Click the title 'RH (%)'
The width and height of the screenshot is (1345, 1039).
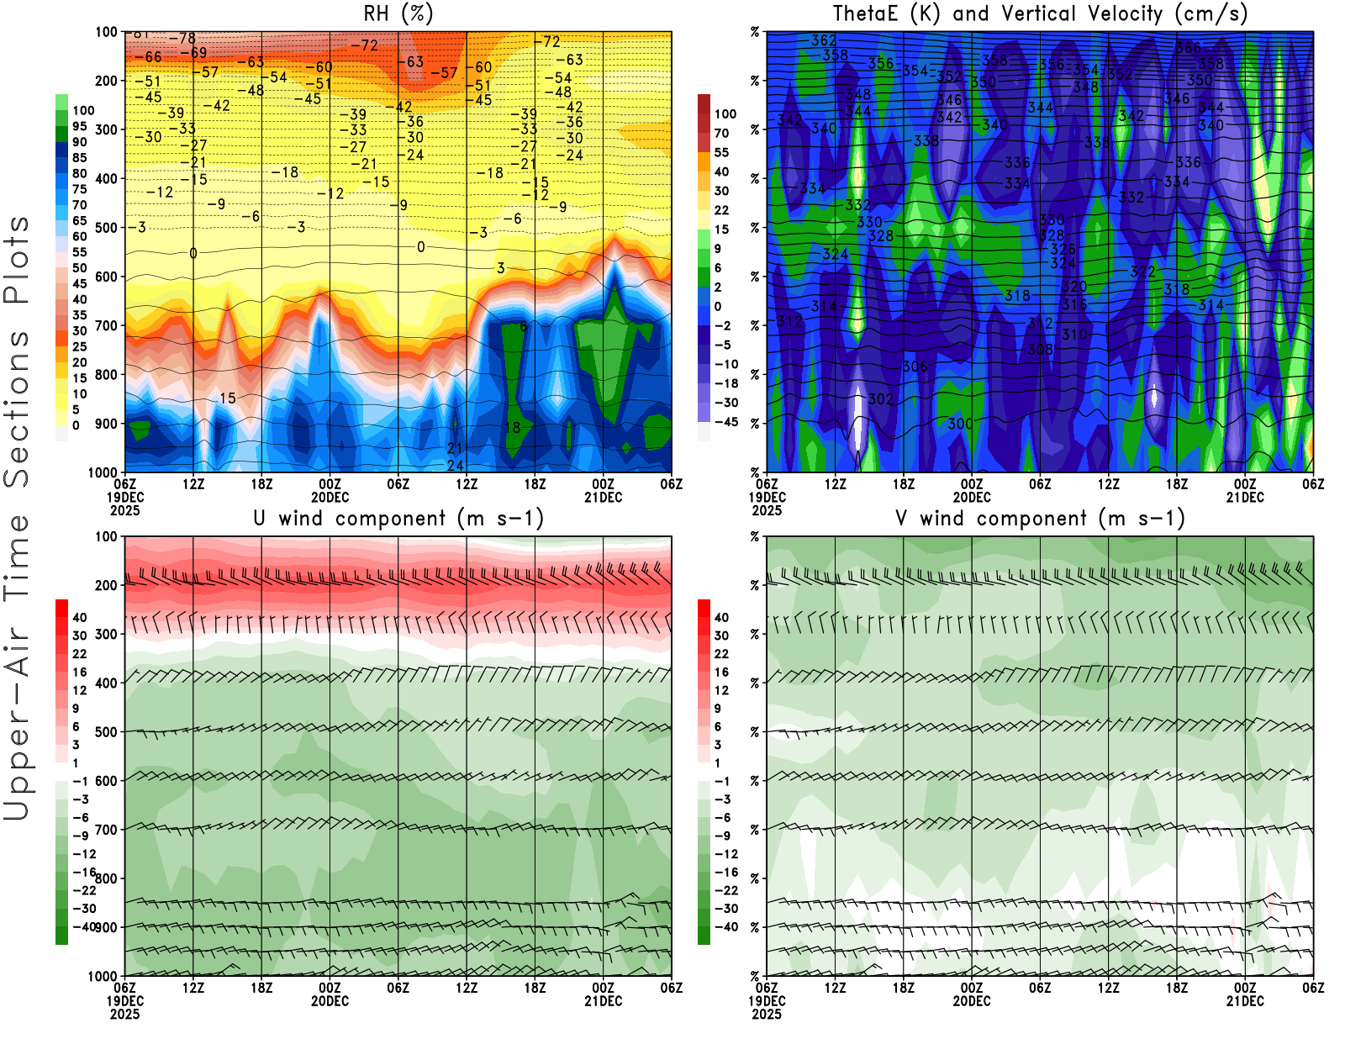pyautogui.click(x=398, y=14)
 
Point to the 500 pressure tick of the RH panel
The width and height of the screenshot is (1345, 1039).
pyautogui.click(x=106, y=228)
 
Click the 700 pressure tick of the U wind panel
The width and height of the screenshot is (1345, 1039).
pyautogui.click(x=106, y=830)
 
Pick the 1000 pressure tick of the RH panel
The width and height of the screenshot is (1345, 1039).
pyautogui.click(x=103, y=472)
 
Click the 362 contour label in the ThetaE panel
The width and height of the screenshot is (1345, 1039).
pyautogui.click(x=824, y=40)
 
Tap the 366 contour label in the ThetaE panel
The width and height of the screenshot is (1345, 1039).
pyautogui.click(x=1189, y=48)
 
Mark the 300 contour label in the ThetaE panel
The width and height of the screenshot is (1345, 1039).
pyautogui.click(x=960, y=424)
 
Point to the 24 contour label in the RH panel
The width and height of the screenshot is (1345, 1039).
pyautogui.click(x=455, y=465)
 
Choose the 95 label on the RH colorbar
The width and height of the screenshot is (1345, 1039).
pyautogui.click(x=80, y=126)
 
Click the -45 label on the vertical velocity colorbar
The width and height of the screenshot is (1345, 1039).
pyautogui.click(x=726, y=422)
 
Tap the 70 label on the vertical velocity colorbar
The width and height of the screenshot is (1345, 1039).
pyautogui.click(x=721, y=133)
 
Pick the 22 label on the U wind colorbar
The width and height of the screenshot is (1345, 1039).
pyautogui.click(x=80, y=654)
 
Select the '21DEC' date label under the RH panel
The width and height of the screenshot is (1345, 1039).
pyautogui.click(x=604, y=497)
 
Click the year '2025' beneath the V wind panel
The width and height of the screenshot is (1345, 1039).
pyautogui.click(x=767, y=1014)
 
